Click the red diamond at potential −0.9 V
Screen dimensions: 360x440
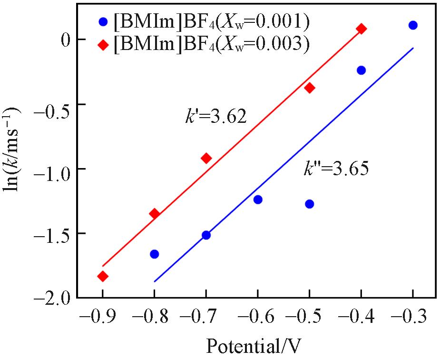pos(103,276)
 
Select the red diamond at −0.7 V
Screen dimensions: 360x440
pos(206,158)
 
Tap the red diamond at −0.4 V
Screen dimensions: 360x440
pos(361,29)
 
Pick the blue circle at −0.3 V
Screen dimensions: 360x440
pos(413,25)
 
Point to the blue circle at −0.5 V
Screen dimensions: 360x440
pos(309,204)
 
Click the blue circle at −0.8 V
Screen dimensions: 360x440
pos(154,254)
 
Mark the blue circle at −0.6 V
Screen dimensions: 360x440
pos(258,200)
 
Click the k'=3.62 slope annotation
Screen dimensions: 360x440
pos(216,116)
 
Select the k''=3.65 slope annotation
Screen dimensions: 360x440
pos(336,169)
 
